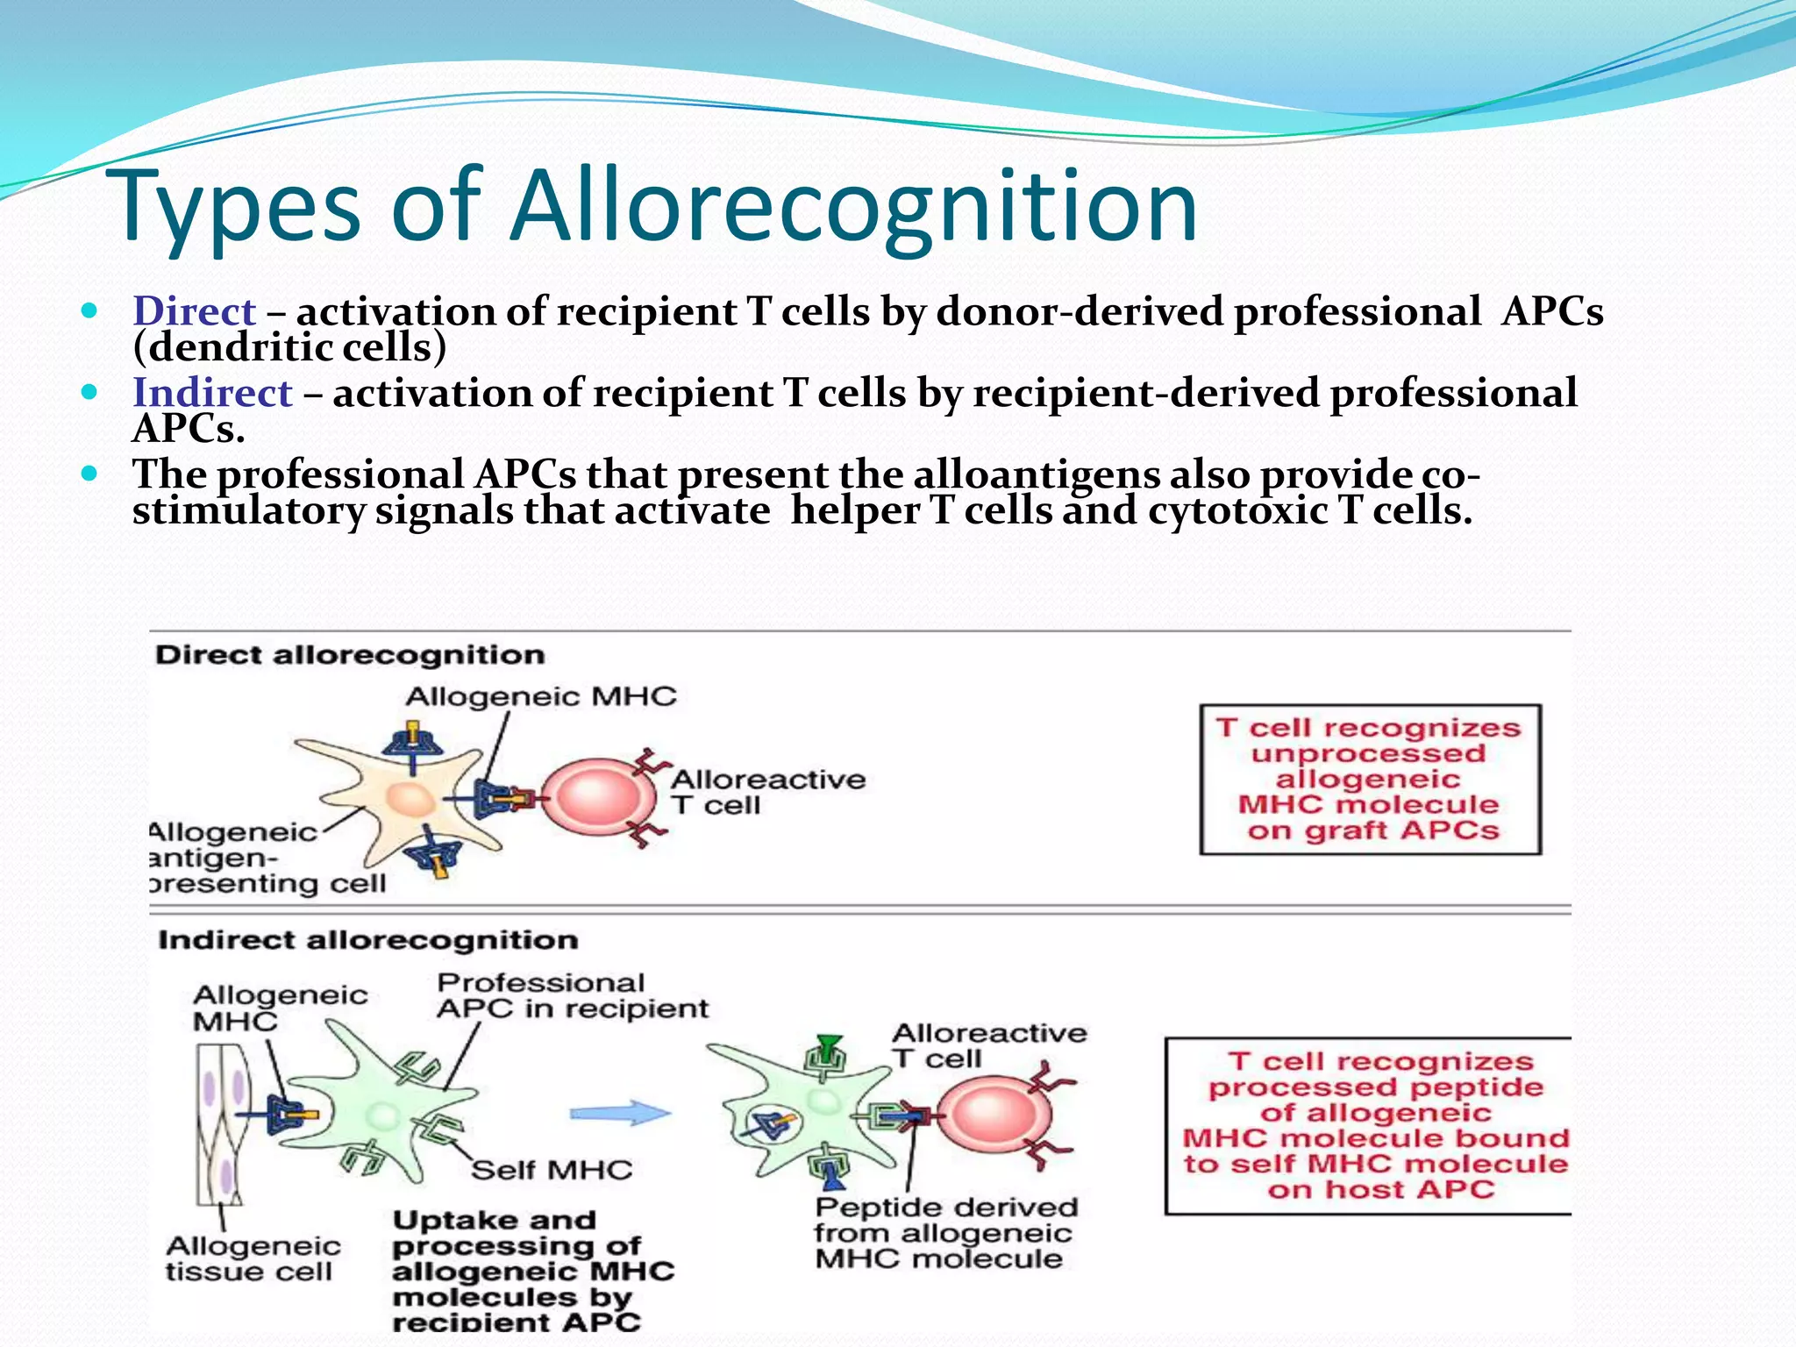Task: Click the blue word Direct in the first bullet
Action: [x=194, y=311]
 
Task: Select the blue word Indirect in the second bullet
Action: [x=212, y=392]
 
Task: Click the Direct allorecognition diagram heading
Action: [x=350, y=655]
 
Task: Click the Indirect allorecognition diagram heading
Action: [x=367, y=940]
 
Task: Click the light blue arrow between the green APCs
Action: [x=620, y=1114]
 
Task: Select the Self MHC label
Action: [x=552, y=1170]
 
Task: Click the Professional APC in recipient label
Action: [x=571, y=995]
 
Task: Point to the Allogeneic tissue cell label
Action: [x=253, y=1258]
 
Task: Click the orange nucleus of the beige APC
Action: [x=410, y=799]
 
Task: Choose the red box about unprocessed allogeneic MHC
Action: [x=1370, y=779]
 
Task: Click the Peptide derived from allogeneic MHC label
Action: [x=944, y=1233]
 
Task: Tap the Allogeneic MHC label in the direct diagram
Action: [x=540, y=697]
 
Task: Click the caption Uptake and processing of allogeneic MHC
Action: [x=531, y=1270]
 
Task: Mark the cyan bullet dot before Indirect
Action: [x=89, y=392]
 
